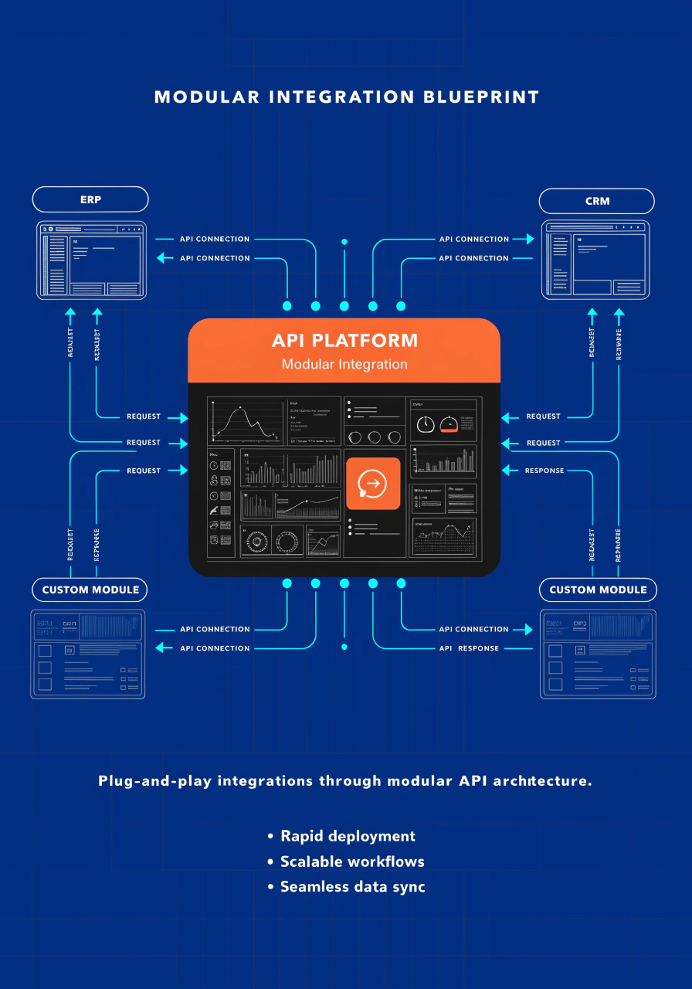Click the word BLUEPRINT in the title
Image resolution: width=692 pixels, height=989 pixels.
(480, 97)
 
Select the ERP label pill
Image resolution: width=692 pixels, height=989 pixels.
(90, 200)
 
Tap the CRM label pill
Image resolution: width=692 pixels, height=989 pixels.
(597, 201)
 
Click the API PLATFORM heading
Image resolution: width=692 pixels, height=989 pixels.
(344, 341)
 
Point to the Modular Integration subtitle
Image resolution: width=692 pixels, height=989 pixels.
(344, 364)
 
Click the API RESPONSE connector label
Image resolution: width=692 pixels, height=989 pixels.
(470, 648)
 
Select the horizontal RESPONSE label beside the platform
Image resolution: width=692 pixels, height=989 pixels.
(544, 471)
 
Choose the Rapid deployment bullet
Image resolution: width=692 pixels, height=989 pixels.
(348, 836)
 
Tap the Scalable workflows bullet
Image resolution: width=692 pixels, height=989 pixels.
(352, 862)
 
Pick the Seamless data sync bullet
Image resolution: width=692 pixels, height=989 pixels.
(352, 887)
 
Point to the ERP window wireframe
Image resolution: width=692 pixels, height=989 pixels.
(91, 260)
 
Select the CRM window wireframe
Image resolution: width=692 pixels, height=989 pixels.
(595, 260)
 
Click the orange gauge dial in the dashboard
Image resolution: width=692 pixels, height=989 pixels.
(448, 424)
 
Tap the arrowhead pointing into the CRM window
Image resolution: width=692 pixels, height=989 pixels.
(529, 240)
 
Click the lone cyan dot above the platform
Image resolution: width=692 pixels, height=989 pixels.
(344, 242)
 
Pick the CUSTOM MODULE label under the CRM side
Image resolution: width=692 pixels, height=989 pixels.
(598, 590)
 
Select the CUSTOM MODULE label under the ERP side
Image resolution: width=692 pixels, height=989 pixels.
(90, 590)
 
